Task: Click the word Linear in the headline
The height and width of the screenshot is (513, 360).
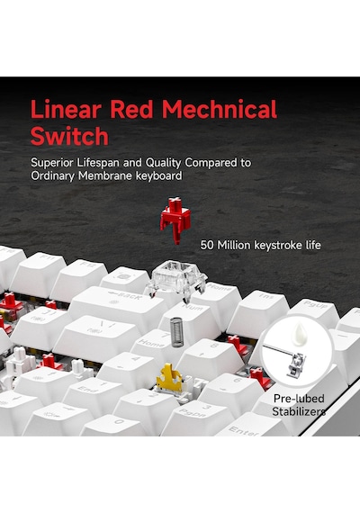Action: [x=66, y=109]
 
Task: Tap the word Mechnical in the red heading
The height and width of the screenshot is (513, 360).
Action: [x=220, y=109]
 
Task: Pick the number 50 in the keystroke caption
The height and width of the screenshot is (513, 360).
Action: [x=207, y=245]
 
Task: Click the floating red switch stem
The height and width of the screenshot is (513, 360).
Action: [x=175, y=220]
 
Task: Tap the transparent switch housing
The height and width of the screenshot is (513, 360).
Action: [x=176, y=280]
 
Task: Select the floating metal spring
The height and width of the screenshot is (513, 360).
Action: [x=175, y=332]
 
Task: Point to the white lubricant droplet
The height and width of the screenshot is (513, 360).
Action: [x=301, y=334]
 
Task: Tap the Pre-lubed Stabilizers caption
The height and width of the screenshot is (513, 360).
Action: [x=299, y=405]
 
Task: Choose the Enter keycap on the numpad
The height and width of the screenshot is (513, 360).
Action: [x=248, y=426]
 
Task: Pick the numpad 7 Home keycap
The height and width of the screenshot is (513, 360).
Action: [x=153, y=344]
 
